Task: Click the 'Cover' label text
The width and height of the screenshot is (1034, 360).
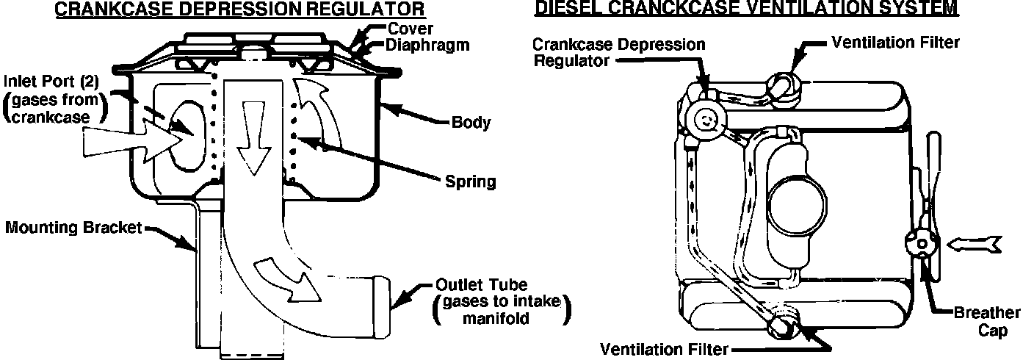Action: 411,29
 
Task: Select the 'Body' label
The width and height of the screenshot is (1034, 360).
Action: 471,123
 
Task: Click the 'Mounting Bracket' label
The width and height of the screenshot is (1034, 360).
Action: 73,228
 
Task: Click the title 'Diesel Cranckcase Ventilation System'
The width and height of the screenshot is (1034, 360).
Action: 745,8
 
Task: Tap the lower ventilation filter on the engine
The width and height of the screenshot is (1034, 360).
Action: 781,323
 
